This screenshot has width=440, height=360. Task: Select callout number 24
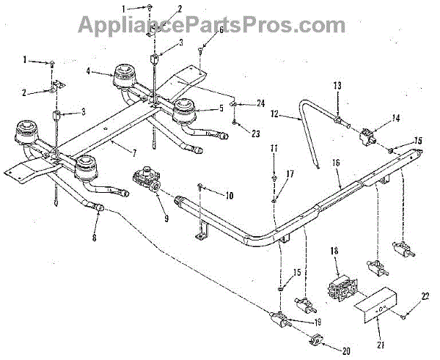coord(251,103)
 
